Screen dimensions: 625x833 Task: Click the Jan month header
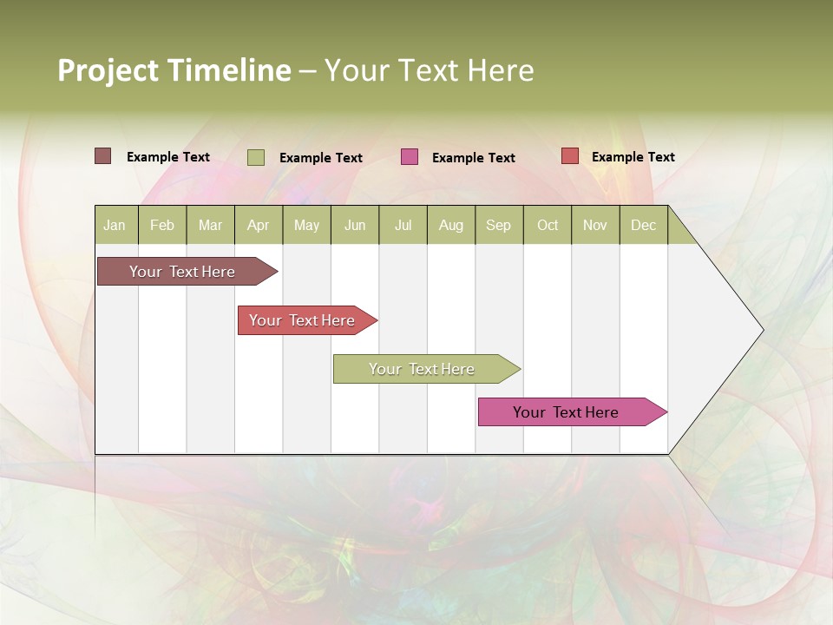click(x=115, y=225)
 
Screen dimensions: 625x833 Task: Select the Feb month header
click(x=162, y=225)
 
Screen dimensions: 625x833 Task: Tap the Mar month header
click(x=210, y=225)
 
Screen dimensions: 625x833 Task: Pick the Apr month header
click(x=259, y=225)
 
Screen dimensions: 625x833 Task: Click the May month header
click(x=306, y=225)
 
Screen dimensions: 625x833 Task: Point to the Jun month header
click(x=355, y=225)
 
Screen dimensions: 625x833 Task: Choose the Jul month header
click(x=403, y=225)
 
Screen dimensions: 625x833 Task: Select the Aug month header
click(x=451, y=225)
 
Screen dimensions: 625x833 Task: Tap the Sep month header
click(x=499, y=225)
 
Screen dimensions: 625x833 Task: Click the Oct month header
click(x=548, y=225)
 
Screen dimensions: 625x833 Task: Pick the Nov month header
click(x=595, y=225)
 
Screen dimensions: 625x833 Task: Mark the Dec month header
click(x=644, y=225)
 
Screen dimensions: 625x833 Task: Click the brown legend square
click(x=103, y=156)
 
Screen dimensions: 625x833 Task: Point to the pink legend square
click(x=410, y=157)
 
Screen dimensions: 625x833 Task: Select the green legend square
click(x=256, y=157)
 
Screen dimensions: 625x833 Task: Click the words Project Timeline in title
click(x=174, y=70)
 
